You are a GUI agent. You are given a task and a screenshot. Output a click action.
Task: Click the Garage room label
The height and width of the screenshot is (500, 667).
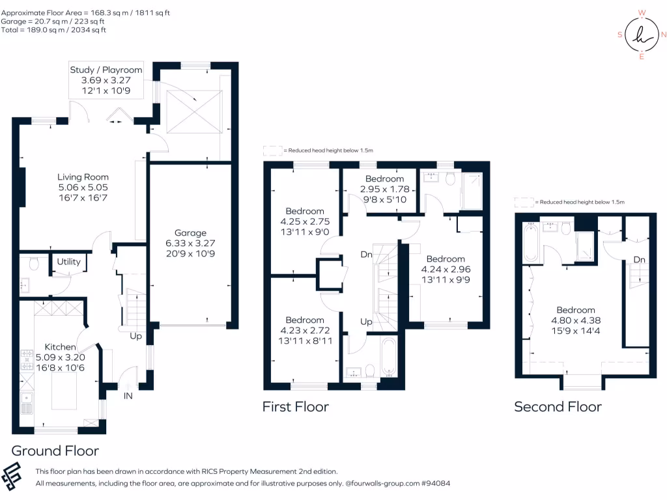pyautogui.click(x=190, y=232)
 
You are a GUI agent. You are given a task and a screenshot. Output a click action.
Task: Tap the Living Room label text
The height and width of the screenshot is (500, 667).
pyautogui.click(x=83, y=176)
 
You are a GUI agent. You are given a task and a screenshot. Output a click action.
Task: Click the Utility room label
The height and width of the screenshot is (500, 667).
pyautogui.click(x=68, y=262)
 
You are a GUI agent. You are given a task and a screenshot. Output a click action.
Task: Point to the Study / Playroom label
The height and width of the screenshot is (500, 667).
pyautogui.click(x=106, y=70)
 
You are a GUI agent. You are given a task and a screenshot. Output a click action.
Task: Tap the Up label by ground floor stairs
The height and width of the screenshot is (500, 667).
pyautogui.click(x=136, y=337)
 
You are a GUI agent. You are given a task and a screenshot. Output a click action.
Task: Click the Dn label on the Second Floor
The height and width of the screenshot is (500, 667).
pyautogui.click(x=639, y=260)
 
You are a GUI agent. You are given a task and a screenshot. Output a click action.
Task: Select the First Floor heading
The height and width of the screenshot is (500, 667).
pyautogui.click(x=295, y=407)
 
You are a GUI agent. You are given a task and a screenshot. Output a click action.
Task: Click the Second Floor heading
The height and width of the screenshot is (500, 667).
pyautogui.click(x=558, y=407)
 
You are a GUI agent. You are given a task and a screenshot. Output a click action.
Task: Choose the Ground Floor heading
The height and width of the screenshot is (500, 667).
pyautogui.click(x=55, y=451)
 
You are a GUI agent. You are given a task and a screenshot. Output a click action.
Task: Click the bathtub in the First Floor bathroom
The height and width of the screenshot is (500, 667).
pyautogui.click(x=388, y=357)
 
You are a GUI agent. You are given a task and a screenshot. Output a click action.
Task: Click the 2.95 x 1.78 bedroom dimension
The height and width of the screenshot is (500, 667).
pyautogui.click(x=384, y=189)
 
